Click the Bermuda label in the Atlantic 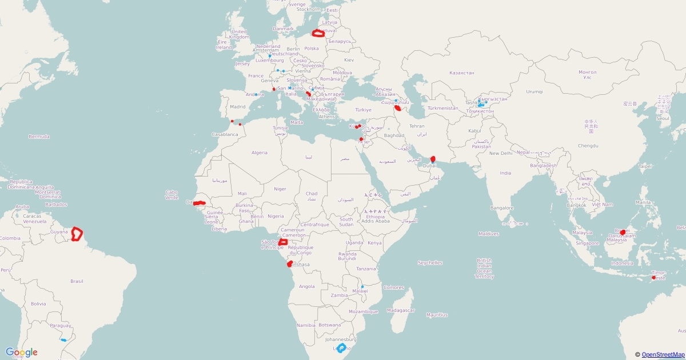[39, 137]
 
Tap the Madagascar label [400, 310]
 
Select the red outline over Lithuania [318, 33]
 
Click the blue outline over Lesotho [341, 348]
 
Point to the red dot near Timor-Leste [653, 278]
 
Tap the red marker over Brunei [623, 233]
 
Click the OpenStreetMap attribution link [663, 355]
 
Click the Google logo [22, 353]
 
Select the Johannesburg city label [340, 339]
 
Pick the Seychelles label [430, 263]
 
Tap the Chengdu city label [588, 146]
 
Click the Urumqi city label [534, 91]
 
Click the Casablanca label [225, 134]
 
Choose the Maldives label [489, 234]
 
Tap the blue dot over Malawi [362, 286]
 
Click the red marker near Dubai [433, 158]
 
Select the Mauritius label [436, 315]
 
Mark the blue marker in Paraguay [63, 340]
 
